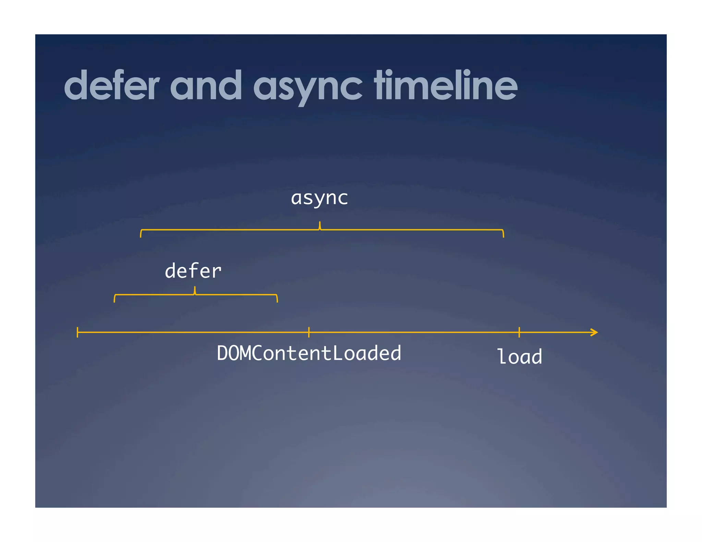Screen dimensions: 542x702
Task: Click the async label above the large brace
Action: pyautogui.click(x=319, y=198)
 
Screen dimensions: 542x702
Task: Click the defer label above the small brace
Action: pyautogui.click(x=193, y=271)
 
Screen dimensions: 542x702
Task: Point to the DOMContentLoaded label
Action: pyautogui.click(x=309, y=353)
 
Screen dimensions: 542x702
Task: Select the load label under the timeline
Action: pyautogui.click(x=519, y=357)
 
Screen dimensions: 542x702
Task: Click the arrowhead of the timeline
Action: pyautogui.click(x=595, y=332)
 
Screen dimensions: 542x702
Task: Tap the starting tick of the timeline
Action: pyautogui.click(x=78, y=332)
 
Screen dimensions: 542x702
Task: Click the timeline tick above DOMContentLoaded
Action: pyautogui.click(x=309, y=332)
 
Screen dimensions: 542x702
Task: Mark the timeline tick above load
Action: pyautogui.click(x=519, y=332)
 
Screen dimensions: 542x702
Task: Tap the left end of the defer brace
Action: pyautogui.click(x=114, y=299)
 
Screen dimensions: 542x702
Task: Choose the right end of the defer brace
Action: pyautogui.click(x=277, y=299)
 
